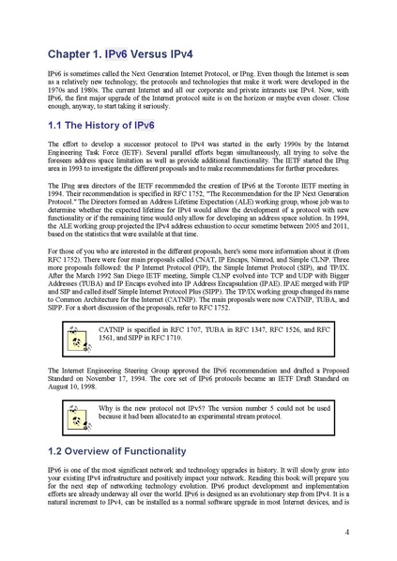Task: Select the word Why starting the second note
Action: click(107, 409)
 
